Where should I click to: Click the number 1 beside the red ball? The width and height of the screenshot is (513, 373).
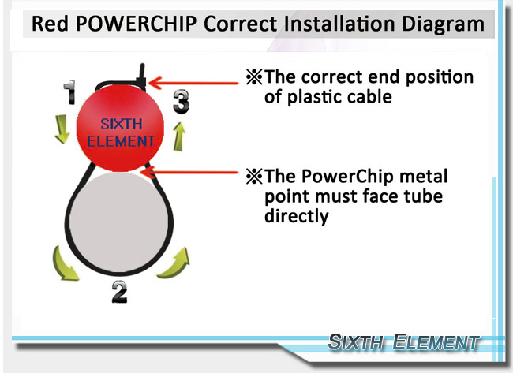pos(69,93)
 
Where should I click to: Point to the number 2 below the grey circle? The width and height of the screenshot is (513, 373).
pos(118,292)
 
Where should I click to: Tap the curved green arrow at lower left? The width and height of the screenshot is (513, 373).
pos(62,263)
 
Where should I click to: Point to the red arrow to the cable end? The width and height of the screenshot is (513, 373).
pos(193,80)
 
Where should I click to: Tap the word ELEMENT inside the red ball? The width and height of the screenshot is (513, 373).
pos(121,142)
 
